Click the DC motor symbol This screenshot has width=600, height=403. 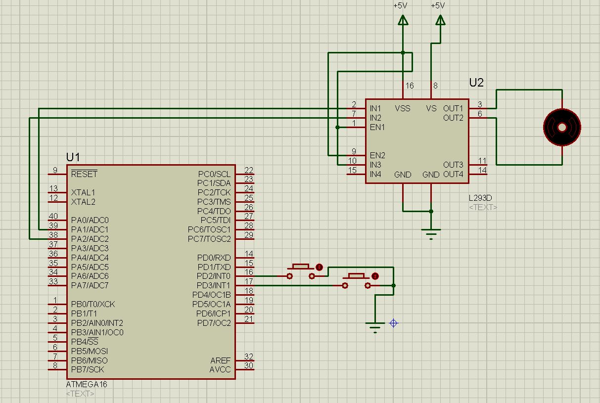click(x=562, y=127)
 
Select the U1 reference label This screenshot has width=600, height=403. click(x=73, y=157)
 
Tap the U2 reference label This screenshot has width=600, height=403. click(x=476, y=83)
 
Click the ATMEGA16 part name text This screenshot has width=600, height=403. click(x=87, y=384)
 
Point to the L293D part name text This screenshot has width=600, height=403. click(x=480, y=198)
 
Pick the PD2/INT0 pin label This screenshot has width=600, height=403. click(x=214, y=276)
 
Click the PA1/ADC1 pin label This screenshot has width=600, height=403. click(x=90, y=229)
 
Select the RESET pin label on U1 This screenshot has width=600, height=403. click(x=84, y=174)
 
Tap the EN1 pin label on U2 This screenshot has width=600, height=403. click(x=377, y=127)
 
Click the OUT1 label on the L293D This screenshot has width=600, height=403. click(x=453, y=108)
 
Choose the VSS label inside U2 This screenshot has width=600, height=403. click(x=403, y=108)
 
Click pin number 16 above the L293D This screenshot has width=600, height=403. click(x=410, y=86)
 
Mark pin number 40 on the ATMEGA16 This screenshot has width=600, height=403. click(x=53, y=216)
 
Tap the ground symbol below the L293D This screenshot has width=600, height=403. click(x=431, y=233)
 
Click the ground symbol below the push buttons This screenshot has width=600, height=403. click(x=375, y=326)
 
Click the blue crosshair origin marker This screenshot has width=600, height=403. click(x=394, y=323)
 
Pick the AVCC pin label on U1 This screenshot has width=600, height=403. click(x=220, y=369)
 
